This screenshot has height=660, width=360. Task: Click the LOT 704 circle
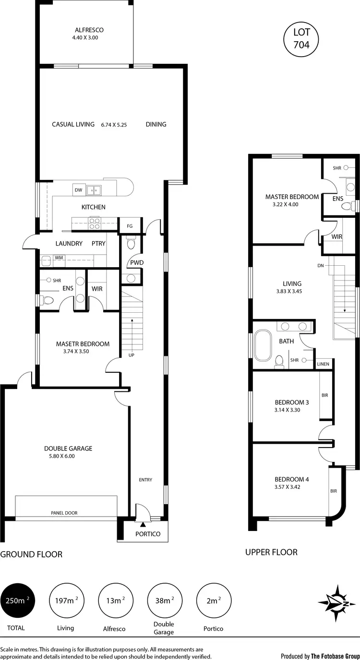point(301,39)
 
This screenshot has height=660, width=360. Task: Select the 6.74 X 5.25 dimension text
point(114,125)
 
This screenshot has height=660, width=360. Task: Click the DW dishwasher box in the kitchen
point(78,190)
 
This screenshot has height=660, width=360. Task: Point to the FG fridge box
point(130,226)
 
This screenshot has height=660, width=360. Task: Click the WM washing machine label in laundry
point(59,258)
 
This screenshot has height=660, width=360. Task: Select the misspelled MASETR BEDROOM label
point(83,344)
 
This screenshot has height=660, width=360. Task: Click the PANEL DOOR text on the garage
point(64,513)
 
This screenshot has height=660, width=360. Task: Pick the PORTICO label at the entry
point(147,534)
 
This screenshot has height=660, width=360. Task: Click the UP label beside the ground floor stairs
point(131,355)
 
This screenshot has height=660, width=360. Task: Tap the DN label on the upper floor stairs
point(320,265)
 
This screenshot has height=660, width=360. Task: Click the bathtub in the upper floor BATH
point(263,345)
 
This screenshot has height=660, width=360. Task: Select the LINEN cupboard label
point(323,364)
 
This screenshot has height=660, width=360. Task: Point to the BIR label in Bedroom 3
point(324,395)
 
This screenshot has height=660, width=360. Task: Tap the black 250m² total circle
point(17,601)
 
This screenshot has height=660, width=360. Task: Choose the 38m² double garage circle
point(165,601)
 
